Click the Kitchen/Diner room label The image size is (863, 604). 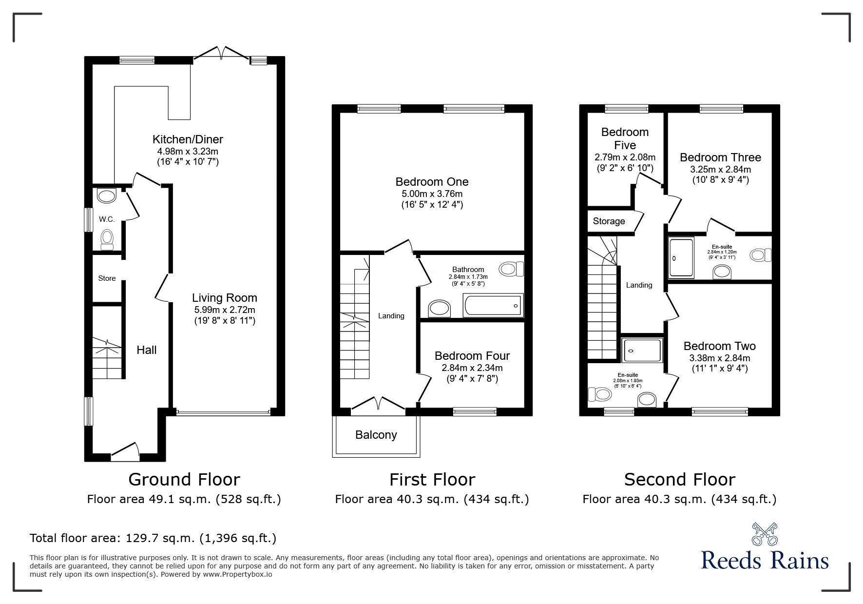point(188,139)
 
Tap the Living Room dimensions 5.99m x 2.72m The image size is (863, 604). point(225,310)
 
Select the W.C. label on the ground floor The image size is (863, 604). point(107,219)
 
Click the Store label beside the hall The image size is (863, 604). point(107,278)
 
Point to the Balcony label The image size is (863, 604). point(376,435)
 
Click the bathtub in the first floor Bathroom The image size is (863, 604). point(494,306)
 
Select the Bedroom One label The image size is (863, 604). point(432,182)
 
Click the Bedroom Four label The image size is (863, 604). point(472,356)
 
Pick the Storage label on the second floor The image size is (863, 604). point(609,221)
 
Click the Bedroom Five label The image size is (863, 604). point(625,138)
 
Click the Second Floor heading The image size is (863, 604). point(679,480)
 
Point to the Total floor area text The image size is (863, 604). point(153,538)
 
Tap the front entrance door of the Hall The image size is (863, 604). point(125,453)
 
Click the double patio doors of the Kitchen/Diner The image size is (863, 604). point(222,53)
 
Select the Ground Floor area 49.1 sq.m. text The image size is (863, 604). point(184,499)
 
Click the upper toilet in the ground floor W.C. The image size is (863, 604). point(106,196)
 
